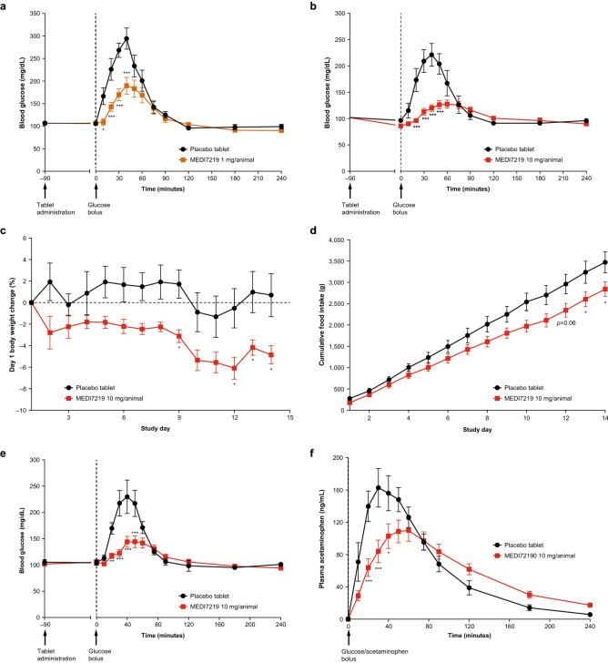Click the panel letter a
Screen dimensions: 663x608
[6, 7]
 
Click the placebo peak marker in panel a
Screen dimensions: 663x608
[127, 39]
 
